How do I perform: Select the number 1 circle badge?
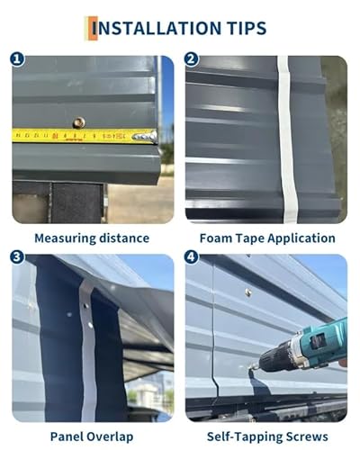click(17, 59)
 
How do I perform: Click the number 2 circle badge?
click(191, 59)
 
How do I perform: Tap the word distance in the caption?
click(126, 238)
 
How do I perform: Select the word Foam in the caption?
click(213, 238)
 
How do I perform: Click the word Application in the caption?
click(301, 238)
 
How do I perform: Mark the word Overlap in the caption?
click(112, 436)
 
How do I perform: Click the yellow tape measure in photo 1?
click(81, 136)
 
